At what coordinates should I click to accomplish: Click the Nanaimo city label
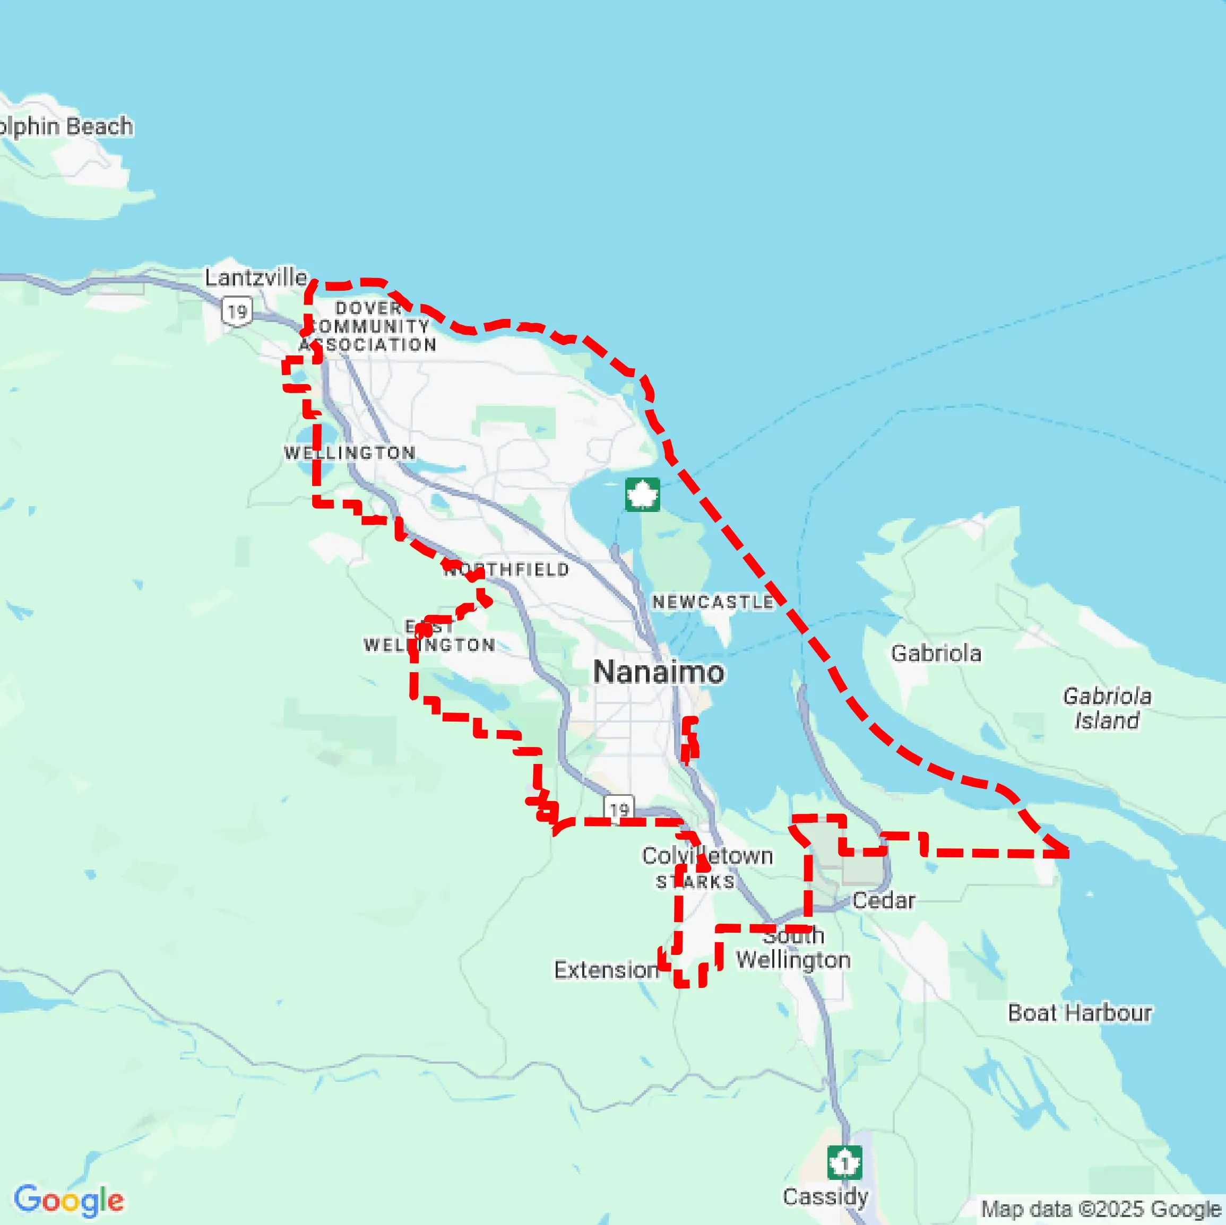658,672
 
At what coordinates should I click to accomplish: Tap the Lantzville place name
256,277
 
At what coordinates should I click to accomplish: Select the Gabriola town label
936,654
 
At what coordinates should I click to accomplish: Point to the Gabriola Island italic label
1107,708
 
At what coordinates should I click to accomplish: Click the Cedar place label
883,900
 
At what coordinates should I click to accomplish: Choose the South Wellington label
793,948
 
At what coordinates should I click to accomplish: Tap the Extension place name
606,969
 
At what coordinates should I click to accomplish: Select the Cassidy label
825,1196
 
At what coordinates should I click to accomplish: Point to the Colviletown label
707,856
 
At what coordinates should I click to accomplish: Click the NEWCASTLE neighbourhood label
713,602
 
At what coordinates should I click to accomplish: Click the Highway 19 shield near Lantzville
237,311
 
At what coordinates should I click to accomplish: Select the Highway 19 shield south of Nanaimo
619,809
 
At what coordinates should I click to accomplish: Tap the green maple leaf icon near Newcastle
642,494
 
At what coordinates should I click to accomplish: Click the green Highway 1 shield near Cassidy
844,1162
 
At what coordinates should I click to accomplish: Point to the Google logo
68,1200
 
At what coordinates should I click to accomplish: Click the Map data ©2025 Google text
1100,1209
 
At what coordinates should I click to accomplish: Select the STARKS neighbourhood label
695,882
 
